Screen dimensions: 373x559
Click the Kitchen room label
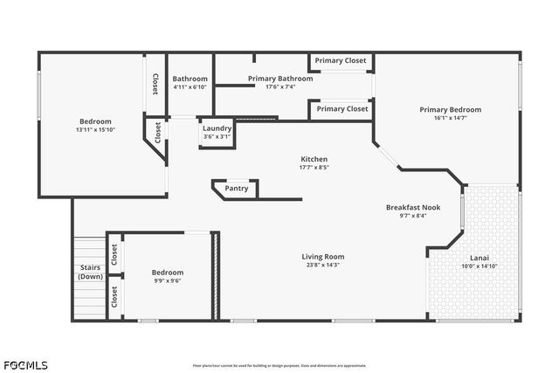(314, 159)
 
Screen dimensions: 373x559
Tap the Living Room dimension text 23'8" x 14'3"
(323, 265)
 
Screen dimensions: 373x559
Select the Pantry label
(237, 189)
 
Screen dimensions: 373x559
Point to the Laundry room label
(217, 128)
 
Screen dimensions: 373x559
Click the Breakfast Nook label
(413, 207)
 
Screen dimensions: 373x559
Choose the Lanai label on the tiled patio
(480, 258)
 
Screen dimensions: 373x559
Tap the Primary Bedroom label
(450, 110)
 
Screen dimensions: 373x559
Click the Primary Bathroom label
(279, 79)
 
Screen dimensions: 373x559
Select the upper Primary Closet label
(342, 61)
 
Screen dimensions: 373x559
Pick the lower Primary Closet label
(342, 109)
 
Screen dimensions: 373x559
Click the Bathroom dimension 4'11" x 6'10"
(190, 86)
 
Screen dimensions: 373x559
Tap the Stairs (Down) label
(90, 272)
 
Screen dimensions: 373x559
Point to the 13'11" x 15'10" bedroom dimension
(96, 129)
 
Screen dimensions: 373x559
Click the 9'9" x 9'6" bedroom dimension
(168, 280)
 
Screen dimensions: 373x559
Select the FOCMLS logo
(26, 364)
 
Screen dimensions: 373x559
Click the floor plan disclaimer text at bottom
(279, 365)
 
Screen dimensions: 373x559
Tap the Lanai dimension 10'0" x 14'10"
(480, 266)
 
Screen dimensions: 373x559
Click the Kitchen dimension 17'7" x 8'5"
(314, 167)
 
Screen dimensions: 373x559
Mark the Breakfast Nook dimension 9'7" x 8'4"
(413, 216)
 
